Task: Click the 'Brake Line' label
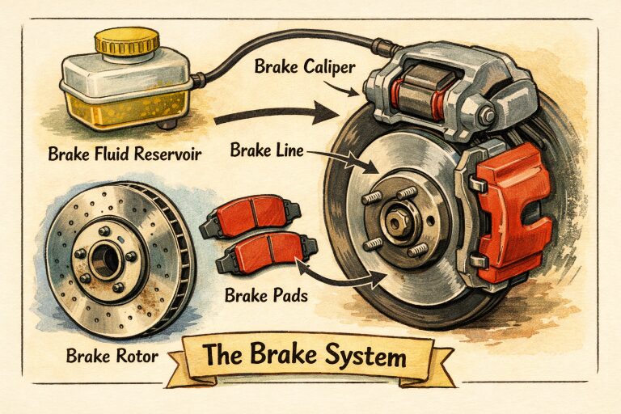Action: (x=264, y=150)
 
